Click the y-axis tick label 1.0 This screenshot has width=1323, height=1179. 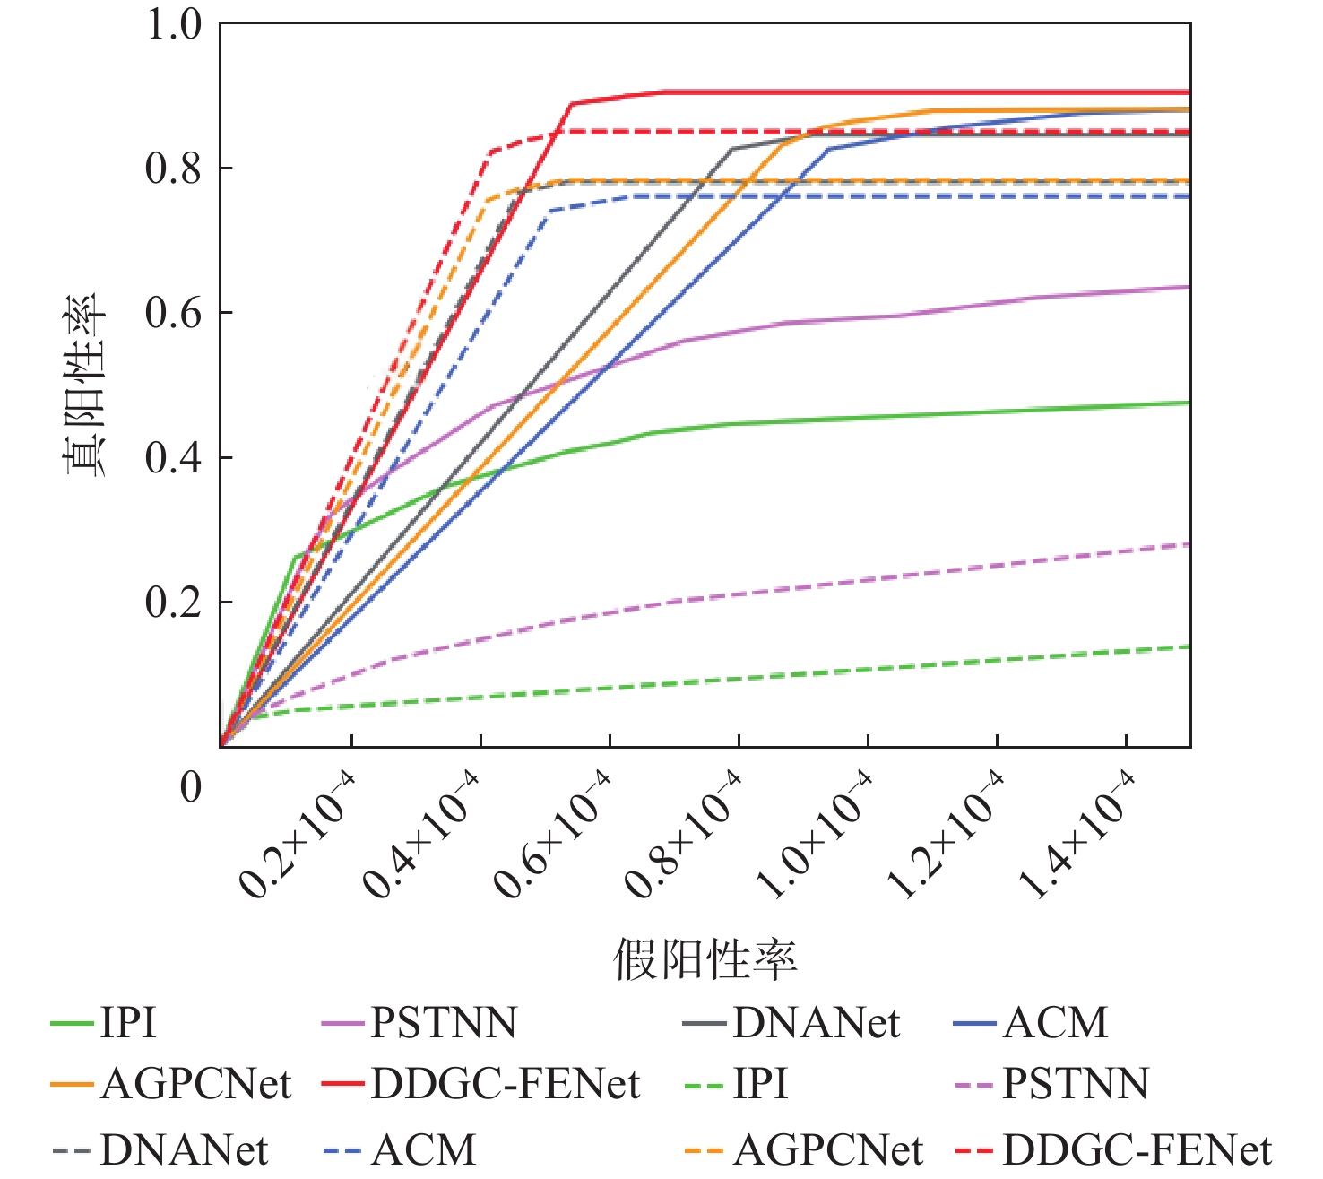pos(174,24)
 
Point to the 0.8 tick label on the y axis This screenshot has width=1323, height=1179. pos(174,169)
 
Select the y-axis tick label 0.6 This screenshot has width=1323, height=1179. pos(174,313)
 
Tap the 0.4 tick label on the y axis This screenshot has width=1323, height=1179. pos(174,457)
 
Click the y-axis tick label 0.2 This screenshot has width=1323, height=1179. pos(174,603)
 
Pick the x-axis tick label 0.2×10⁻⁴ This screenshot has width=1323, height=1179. pos(298,834)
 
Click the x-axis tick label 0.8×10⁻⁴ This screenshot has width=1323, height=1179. pos(684,834)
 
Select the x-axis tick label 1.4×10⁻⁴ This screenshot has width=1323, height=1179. pos(1076,834)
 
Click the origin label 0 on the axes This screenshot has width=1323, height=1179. pos(191,787)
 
